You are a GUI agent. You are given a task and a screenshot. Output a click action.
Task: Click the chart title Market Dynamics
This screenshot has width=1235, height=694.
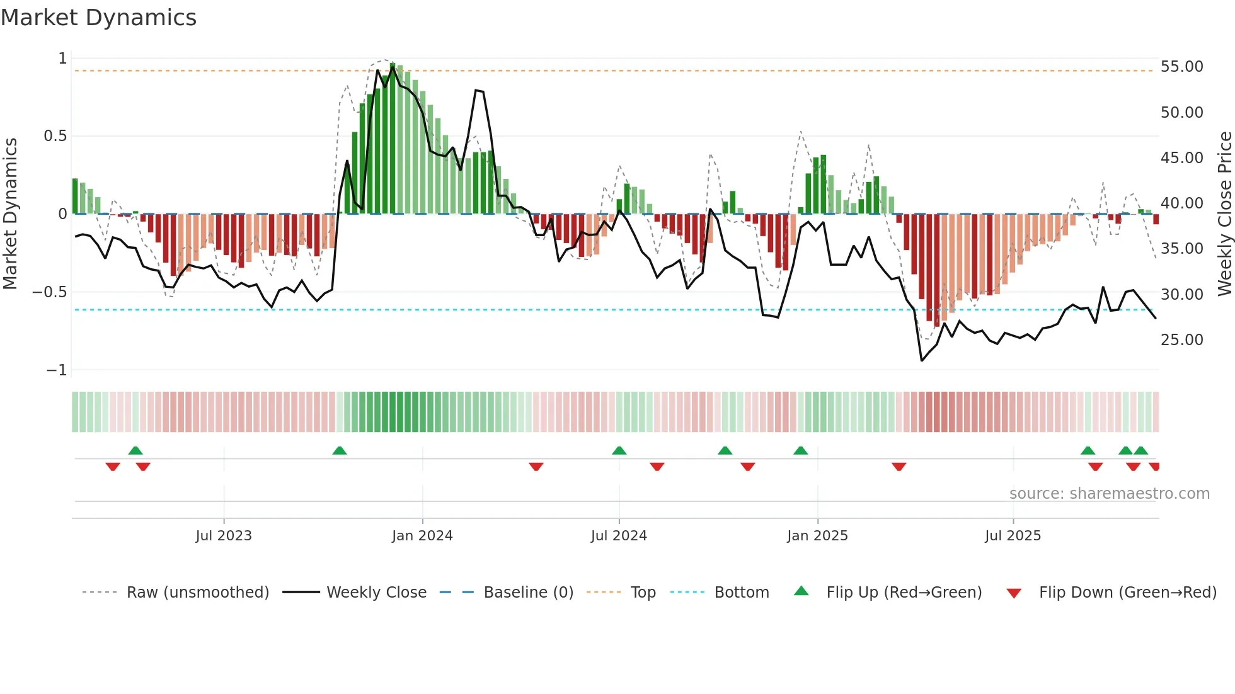click(98, 18)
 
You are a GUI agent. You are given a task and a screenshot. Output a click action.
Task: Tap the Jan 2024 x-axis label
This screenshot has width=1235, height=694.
click(422, 536)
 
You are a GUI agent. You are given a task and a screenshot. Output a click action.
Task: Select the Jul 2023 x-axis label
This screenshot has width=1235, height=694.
click(223, 536)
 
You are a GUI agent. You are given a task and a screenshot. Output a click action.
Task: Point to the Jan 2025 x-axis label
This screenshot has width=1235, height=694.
click(817, 536)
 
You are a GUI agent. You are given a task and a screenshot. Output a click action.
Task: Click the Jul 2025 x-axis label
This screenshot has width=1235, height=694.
click(1013, 536)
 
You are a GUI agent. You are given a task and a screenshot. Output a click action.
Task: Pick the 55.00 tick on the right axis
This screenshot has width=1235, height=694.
click(1181, 67)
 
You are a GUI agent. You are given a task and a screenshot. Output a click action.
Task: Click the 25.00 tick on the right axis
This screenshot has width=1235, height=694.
click(1181, 340)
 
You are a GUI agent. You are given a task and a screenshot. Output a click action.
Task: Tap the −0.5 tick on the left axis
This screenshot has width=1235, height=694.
click(49, 292)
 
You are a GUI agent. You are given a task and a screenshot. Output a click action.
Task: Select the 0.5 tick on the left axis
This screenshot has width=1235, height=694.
click(55, 136)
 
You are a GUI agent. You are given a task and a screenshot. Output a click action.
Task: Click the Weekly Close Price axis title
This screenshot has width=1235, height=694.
click(1224, 213)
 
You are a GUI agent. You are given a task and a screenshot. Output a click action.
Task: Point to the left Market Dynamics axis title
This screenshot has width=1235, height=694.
click(10, 213)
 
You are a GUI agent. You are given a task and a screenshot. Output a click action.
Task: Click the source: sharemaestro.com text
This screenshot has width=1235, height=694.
click(1109, 494)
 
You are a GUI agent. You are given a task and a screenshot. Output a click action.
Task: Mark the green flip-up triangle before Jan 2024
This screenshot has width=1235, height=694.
click(339, 450)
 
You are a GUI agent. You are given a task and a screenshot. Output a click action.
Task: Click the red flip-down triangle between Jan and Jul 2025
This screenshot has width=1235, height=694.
click(899, 467)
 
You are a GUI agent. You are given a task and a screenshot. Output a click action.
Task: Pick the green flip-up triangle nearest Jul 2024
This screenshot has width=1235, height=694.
click(619, 450)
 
